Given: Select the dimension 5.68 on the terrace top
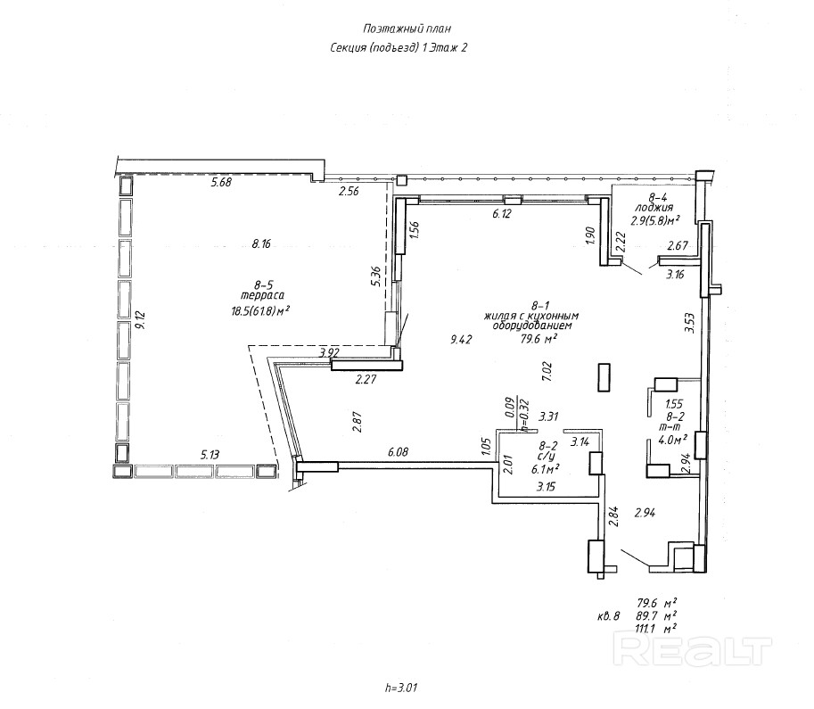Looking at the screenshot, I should coord(220,183).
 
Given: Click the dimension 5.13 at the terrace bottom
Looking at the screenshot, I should coord(210,455).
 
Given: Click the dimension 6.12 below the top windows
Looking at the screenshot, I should coord(506,214).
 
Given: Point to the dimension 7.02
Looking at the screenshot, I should coord(547,370).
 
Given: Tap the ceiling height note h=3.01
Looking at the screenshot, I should coord(401,687).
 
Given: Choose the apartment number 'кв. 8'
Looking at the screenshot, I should coord(608,615).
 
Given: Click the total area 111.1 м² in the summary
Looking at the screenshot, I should coord(655,628).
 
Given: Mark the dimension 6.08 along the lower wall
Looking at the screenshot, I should coord(398,452).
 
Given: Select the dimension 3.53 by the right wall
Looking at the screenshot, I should coord(688,322).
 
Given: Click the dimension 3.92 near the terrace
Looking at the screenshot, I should coord(331,354).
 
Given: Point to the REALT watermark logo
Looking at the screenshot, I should coord(693,650).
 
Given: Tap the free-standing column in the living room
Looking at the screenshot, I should coord(604,376).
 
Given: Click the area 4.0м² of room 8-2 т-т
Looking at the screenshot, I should coord(673,439).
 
